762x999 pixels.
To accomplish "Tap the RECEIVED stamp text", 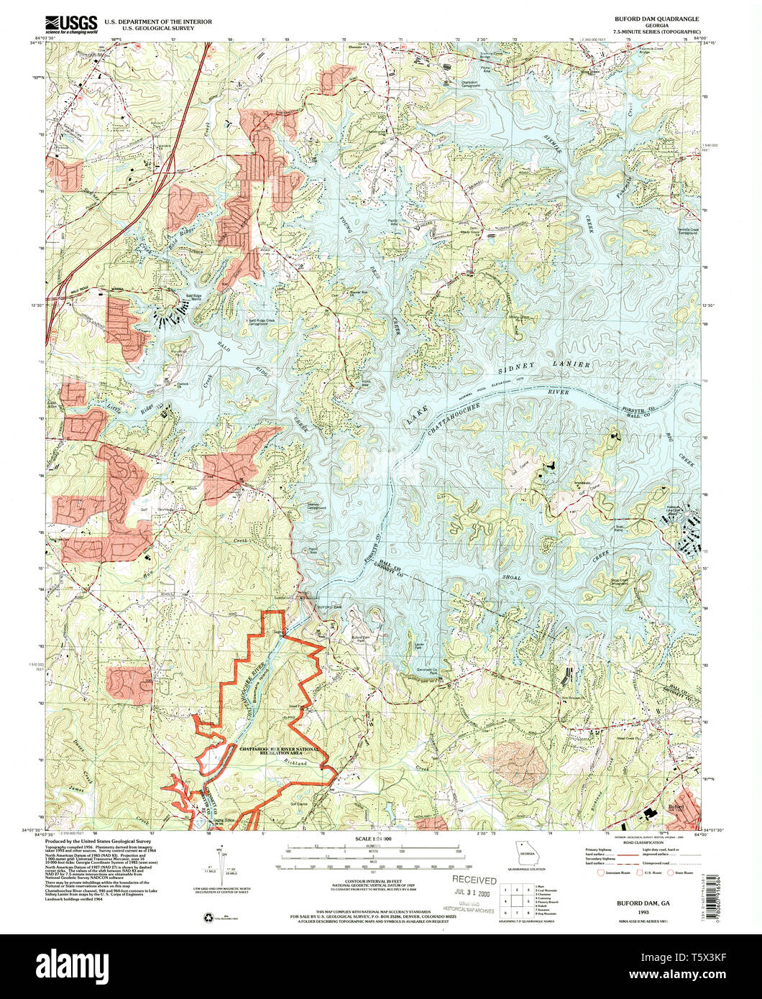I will click(x=474, y=880).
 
